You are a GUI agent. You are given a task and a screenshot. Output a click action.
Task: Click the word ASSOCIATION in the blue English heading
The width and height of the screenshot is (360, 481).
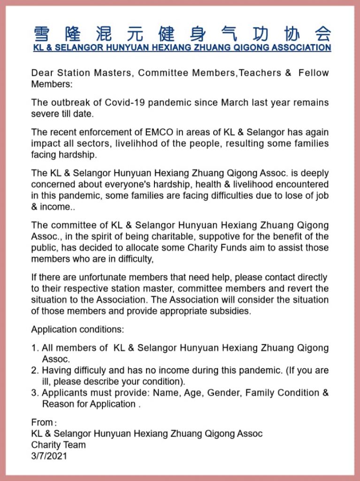tap(299, 48)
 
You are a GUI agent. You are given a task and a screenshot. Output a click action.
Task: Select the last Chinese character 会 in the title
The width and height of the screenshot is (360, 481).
tap(322, 34)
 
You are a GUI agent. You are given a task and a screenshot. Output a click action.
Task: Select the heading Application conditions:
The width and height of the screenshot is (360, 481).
tap(77, 329)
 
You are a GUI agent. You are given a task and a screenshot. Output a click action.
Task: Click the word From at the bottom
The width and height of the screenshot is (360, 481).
tap(42, 422)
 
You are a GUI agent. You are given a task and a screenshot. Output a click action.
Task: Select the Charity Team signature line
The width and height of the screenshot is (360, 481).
tap(58, 444)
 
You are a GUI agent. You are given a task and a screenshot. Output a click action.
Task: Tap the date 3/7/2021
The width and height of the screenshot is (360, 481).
tap(49, 456)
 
